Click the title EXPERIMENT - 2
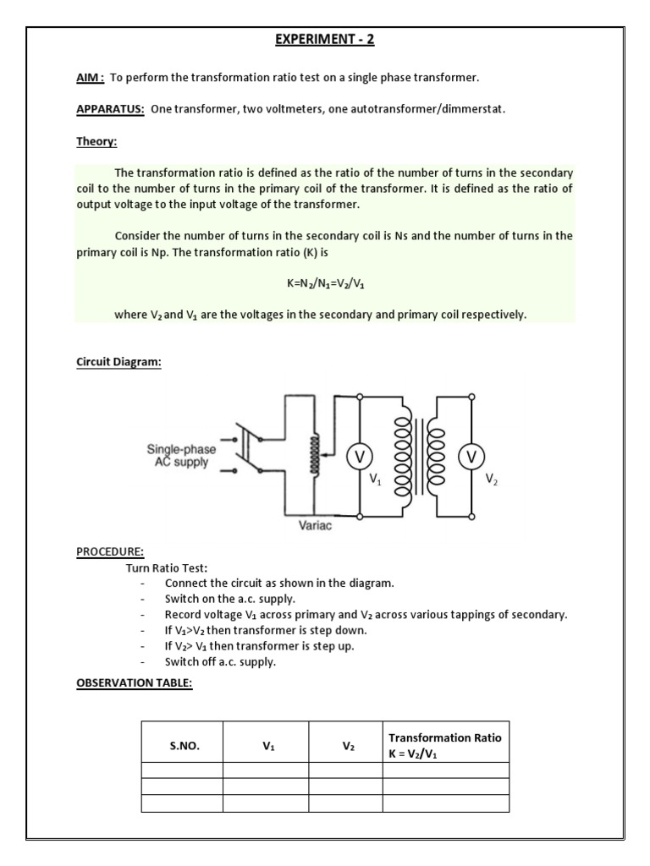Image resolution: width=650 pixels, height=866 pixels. pos(324,40)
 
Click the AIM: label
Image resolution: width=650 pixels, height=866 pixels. pos(90,78)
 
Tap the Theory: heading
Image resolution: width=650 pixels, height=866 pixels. pos(96,142)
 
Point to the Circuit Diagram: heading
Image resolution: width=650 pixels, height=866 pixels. pos(118,362)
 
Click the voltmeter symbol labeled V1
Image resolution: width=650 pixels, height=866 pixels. pos(360,457)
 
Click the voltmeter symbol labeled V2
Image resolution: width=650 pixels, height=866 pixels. pos(471,457)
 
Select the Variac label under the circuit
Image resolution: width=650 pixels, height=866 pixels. pos(316,526)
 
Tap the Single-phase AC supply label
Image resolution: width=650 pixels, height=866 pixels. pos(180,457)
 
